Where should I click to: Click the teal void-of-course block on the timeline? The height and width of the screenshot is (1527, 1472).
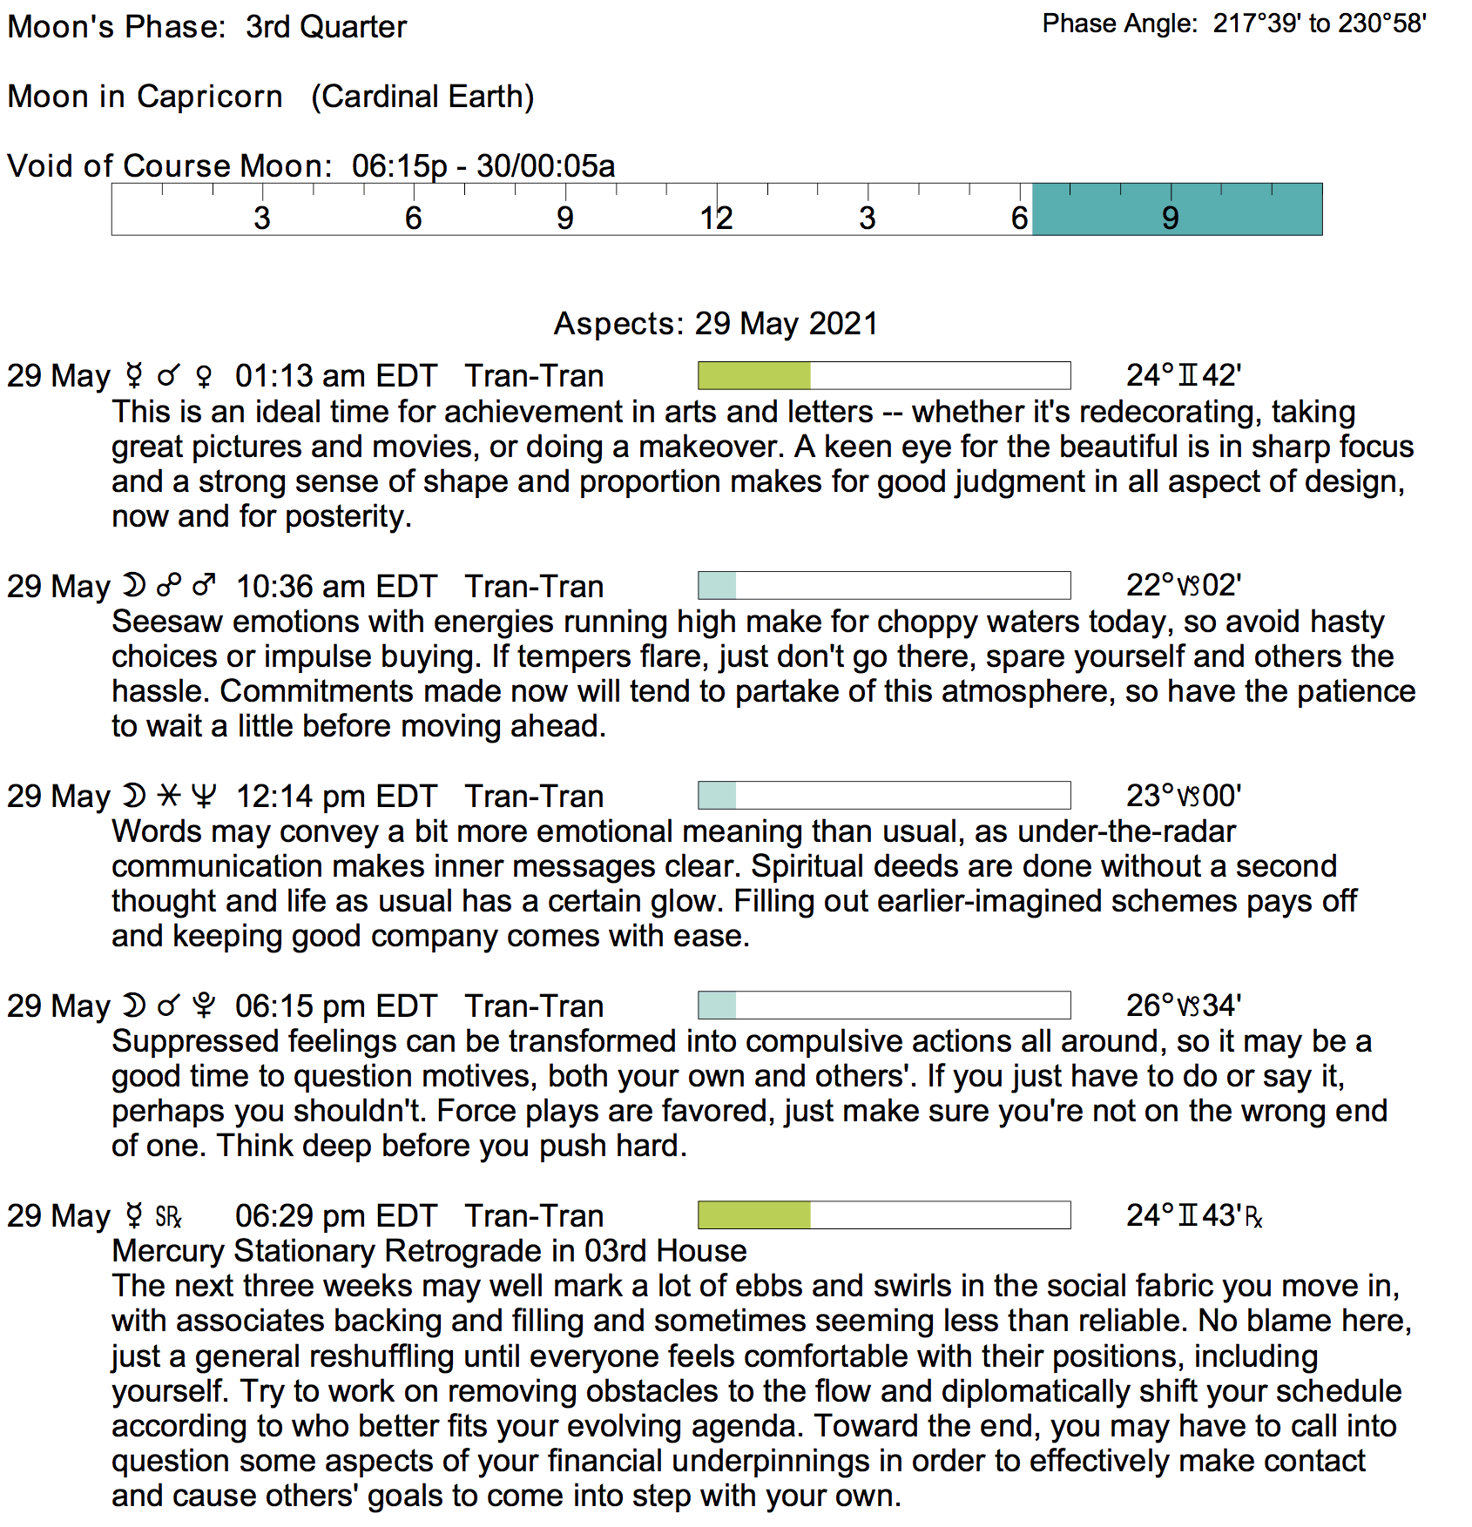coord(1176,209)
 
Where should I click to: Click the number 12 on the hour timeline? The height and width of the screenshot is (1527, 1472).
coord(716,218)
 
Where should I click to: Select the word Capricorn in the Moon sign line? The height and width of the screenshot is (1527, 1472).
coord(209,96)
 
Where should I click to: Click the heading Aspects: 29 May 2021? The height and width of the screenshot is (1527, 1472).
coord(716,323)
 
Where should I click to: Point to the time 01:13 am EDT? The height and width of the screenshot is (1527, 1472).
coord(335,376)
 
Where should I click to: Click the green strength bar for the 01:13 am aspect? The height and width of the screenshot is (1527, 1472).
coord(754,375)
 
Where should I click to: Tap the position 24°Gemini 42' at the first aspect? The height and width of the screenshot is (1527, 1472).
coord(1183,375)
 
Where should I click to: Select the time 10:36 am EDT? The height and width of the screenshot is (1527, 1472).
coord(336,587)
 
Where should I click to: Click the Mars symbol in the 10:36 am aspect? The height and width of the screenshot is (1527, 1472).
coord(204,585)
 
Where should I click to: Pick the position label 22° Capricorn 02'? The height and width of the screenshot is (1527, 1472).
coord(1183,585)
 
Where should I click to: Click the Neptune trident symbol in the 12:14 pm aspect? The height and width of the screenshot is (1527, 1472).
coord(203,796)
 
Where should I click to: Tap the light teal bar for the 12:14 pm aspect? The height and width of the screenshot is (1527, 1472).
coord(718,795)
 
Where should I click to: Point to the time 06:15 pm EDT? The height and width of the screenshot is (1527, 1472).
coord(335,1006)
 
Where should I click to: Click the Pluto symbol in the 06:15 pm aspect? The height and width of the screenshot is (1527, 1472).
coord(203,1006)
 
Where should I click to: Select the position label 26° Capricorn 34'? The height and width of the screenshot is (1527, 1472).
coord(1183,1006)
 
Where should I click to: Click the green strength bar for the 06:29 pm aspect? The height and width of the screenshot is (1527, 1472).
coord(754,1215)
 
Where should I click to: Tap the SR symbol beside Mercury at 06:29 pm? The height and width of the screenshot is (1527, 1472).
coord(168,1216)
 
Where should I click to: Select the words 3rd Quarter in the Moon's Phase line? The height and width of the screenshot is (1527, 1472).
coord(326,27)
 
